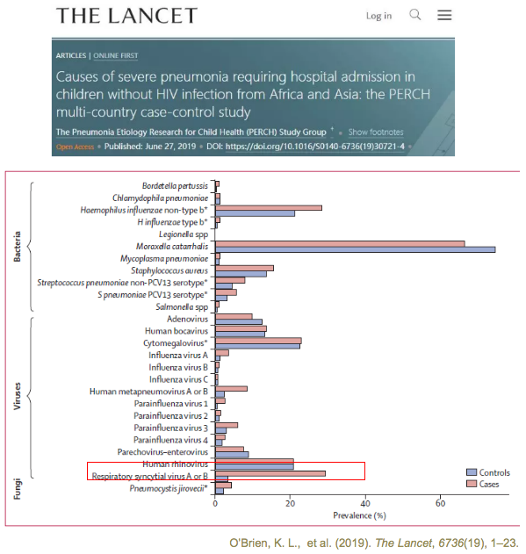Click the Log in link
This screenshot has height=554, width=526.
(x=378, y=16)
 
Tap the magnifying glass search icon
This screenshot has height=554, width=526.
(x=415, y=15)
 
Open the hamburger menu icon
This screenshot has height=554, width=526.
(x=444, y=15)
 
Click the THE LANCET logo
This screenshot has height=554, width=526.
(x=126, y=16)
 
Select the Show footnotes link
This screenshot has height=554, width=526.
(x=376, y=133)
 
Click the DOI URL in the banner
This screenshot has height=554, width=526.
(x=315, y=147)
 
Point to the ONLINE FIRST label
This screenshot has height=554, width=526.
(x=116, y=55)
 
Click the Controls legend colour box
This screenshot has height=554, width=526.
(x=472, y=472)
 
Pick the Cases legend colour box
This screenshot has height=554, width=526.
(x=472, y=484)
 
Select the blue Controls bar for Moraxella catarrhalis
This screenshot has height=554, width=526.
(x=356, y=250)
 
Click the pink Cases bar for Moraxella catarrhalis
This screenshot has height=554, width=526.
(x=340, y=244)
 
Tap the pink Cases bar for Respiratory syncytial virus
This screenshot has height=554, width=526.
(x=270, y=473)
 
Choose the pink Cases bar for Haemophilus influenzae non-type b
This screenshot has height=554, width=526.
(x=269, y=208)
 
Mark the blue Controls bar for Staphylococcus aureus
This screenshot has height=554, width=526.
(x=241, y=274)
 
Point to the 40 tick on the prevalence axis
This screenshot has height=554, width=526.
(x=365, y=503)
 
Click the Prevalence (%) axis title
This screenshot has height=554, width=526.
(x=359, y=515)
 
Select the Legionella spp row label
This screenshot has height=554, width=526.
(x=184, y=234)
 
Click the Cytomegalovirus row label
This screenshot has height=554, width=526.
(x=176, y=343)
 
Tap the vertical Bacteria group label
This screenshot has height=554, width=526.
(x=17, y=247)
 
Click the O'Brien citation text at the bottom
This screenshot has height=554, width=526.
(x=373, y=543)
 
